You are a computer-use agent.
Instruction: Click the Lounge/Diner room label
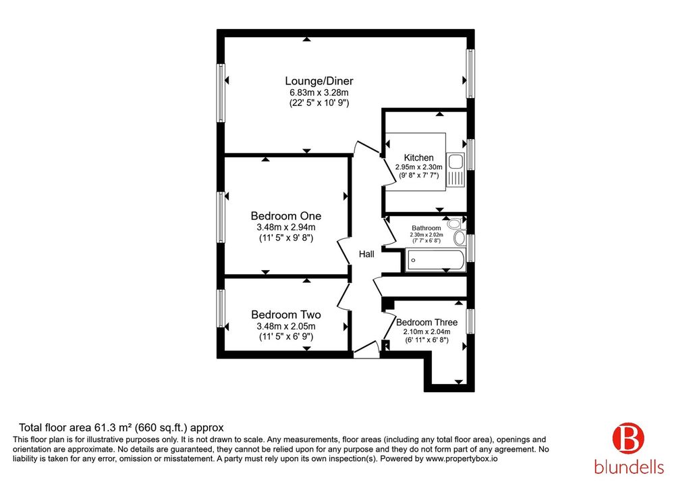319,81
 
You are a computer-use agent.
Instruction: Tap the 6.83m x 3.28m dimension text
319,92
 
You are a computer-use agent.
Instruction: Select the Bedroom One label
286,216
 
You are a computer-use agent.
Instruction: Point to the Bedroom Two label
286,315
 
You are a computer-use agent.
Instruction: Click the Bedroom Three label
426,323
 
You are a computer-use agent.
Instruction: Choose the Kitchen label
418,158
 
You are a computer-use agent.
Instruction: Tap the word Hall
366,254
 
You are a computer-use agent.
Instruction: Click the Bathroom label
426,228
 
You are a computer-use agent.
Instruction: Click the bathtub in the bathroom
435,260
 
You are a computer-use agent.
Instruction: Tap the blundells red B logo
628,438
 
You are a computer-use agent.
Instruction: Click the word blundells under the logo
629,467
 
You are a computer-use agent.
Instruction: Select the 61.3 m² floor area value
113,427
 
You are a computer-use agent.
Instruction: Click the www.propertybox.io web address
462,459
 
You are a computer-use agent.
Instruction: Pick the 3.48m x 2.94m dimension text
286,227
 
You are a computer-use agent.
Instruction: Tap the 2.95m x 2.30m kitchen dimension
418,167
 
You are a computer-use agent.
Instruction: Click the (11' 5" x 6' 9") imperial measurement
286,337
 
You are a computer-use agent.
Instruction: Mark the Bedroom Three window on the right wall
470,321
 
